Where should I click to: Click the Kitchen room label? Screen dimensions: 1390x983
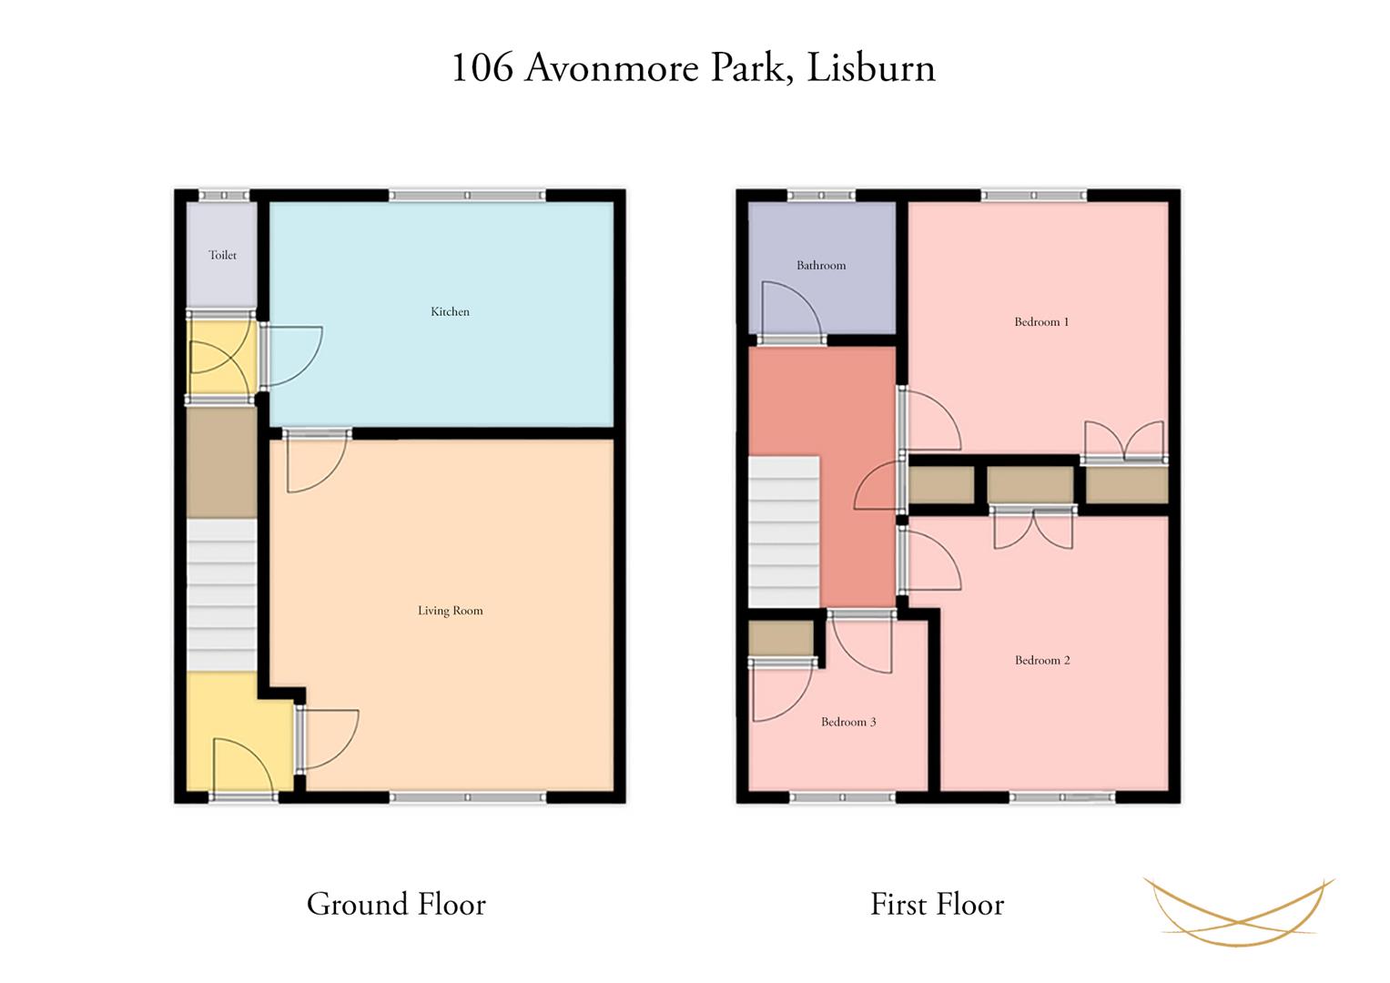click(450, 311)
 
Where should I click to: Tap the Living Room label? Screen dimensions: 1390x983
click(450, 611)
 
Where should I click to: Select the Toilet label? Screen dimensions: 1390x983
click(222, 255)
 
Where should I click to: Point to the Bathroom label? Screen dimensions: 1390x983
click(821, 266)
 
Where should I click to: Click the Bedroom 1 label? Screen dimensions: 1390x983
click(1041, 322)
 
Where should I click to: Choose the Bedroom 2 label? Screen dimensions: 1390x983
click(1042, 660)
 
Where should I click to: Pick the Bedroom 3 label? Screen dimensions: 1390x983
click(848, 722)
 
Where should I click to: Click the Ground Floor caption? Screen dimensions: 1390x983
click(396, 904)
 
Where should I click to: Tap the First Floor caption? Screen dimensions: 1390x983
click(937, 904)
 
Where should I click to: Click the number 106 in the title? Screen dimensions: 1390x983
click(482, 67)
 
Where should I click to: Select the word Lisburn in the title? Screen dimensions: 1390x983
click(870, 67)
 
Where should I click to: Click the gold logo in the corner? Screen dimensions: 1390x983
click(1239, 912)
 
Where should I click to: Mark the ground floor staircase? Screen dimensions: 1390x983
click(221, 594)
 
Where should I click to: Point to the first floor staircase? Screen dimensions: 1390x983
click(784, 532)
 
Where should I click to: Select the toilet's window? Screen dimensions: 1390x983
click(224, 196)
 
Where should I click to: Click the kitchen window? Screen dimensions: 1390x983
click(467, 196)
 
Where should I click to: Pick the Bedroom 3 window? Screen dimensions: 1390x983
click(843, 797)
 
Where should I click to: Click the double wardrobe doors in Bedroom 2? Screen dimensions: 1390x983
click(1033, 530)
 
